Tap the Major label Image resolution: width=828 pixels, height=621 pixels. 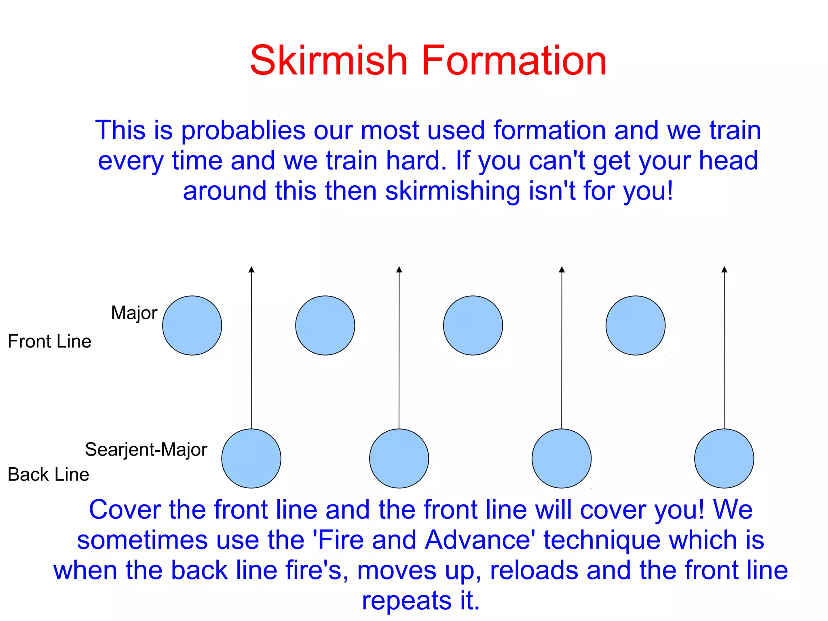tap(134, 313)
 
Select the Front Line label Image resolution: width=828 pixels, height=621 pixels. tap(49, 341)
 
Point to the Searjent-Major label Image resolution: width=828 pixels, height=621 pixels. tap(146, 449)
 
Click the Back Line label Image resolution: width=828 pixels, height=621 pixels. tap(48, 475)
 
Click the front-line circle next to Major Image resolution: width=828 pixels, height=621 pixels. tap(192, 326)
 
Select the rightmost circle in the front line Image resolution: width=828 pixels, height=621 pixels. tap(635, 326)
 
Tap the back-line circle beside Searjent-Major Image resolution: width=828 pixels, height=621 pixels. tap(251, 458)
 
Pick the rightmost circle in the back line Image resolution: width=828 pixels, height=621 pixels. tap(724, 458)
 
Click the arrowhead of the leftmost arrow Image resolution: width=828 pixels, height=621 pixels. tap(251, 269)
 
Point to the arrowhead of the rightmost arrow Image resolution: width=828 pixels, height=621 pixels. tap(724, 269)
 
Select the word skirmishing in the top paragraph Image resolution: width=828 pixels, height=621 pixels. tap(452, 191)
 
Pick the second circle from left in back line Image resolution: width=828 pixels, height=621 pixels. tap(399, 458)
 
